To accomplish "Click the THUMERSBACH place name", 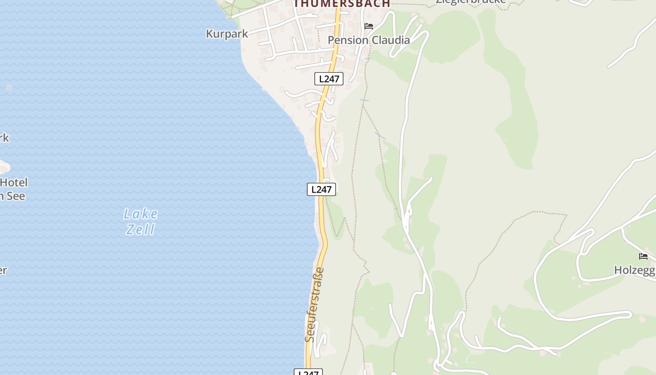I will (x=342, y=4).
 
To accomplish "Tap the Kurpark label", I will (x=227, y=34).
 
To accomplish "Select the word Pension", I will (x=348, y=40).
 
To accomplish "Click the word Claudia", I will (x=390, y=40).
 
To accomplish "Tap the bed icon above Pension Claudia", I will (x=369, y=26).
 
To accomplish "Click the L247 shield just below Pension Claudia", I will (x=329, y=79).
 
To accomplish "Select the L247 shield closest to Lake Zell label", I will (x=321, y=189).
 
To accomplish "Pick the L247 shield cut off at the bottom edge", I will (x=308, y=372).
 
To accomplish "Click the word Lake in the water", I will (x=141, y=214).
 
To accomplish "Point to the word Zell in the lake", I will (x=141, y=229).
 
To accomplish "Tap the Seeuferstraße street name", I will (x=314, y=305).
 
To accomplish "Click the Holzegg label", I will (x=634, y=270).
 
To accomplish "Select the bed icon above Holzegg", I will (x=643, y=256).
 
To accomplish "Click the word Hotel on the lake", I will (x=14, y=182).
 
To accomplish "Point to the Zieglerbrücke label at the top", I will (x=470, y=2).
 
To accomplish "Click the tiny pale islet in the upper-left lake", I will (x=8, y=87).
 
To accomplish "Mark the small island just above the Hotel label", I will (x=3, y=167).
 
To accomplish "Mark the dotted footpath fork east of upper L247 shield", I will (x=363, y=106).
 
